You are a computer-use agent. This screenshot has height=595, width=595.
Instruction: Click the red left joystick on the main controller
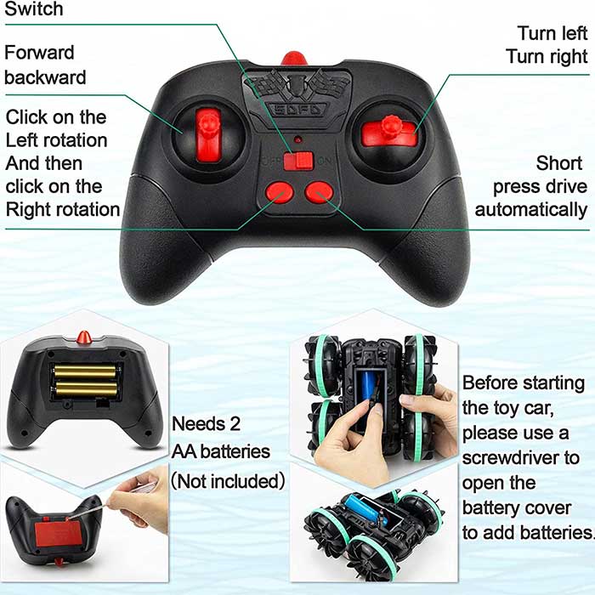point(208,133)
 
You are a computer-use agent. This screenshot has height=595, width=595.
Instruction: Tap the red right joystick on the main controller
point(388,131)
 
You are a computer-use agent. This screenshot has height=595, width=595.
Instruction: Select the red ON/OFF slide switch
point(298,161)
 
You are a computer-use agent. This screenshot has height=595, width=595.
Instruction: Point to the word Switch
point(34,8)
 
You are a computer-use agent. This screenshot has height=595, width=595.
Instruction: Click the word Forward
point(39,53)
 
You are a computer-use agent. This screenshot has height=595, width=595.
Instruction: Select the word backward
point(45,77)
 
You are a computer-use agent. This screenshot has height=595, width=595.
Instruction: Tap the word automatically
point(531,210)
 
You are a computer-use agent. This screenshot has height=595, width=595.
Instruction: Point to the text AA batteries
point(221,451)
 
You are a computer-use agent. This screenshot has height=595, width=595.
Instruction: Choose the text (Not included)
point(228,481)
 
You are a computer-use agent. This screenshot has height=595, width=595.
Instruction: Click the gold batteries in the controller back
point(85,381)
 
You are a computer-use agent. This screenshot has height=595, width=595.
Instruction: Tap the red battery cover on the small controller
point(59,534)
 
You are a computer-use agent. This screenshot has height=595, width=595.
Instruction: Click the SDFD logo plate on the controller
point(297,110)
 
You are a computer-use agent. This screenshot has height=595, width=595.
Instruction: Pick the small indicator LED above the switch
point(298,139)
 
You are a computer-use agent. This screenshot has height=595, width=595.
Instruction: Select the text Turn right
point(547,57)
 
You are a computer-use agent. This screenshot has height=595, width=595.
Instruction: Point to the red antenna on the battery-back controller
point(84,337)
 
